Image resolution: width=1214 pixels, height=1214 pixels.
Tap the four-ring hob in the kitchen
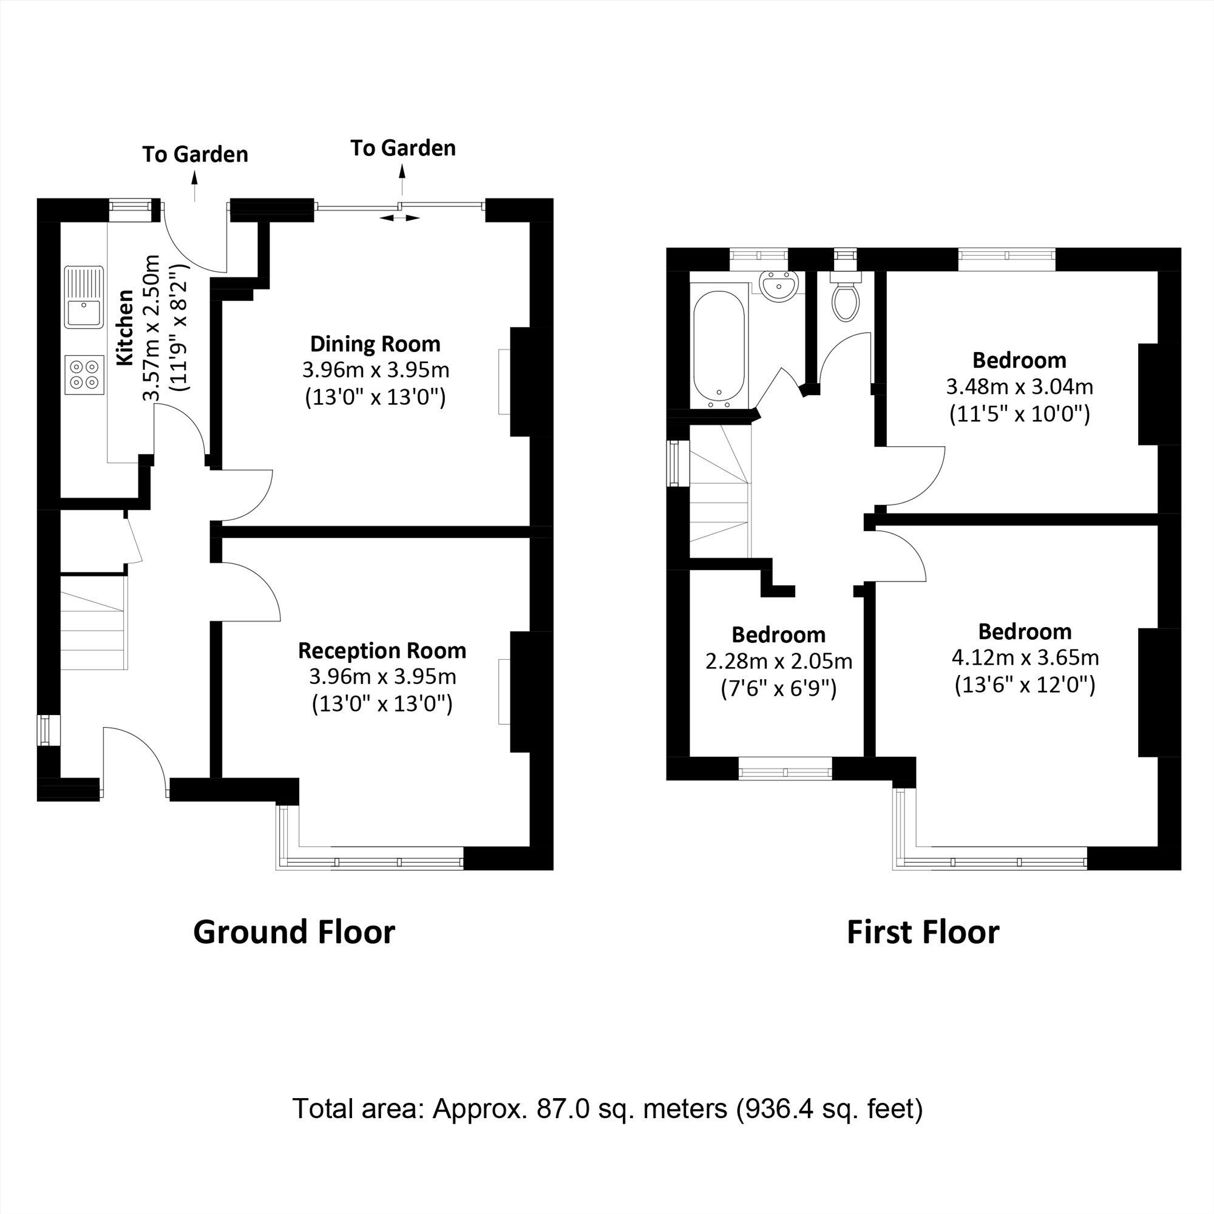tap(84, 375)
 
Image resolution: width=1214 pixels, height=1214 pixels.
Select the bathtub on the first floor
tap(719, 350)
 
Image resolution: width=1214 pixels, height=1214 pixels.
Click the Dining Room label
tap(375, 344)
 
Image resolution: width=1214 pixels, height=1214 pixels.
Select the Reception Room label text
tap(382, 650)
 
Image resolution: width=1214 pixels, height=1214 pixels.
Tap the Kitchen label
tap(126, 327)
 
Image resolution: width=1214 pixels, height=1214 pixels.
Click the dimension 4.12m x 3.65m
tap(1025, 657)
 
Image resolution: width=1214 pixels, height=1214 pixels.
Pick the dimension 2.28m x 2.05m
tap(779, 661)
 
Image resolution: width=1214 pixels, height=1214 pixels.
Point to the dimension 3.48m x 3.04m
tap(1019, 387)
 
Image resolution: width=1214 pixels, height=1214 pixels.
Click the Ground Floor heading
tap(293, 932)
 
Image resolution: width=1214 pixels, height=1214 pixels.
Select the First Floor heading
tap(923, 932)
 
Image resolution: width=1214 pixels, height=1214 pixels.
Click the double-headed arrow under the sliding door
tap(400, 218)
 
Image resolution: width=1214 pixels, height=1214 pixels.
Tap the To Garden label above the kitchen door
tap(195, 155)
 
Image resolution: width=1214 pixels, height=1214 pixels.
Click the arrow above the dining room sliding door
tap(403, 180)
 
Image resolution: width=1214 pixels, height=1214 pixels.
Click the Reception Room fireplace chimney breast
tap(521, 691)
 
